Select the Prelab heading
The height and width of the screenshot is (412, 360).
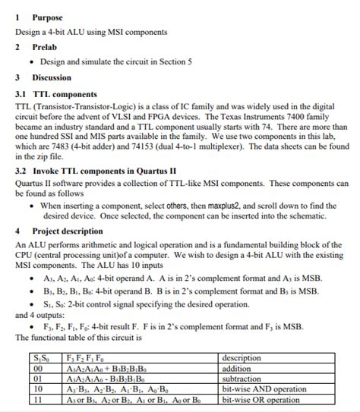44,47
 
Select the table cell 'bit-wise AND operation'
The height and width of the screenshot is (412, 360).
264,388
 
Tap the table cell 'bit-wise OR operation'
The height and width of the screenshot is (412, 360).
261,398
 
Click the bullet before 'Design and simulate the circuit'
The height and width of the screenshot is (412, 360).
30,61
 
